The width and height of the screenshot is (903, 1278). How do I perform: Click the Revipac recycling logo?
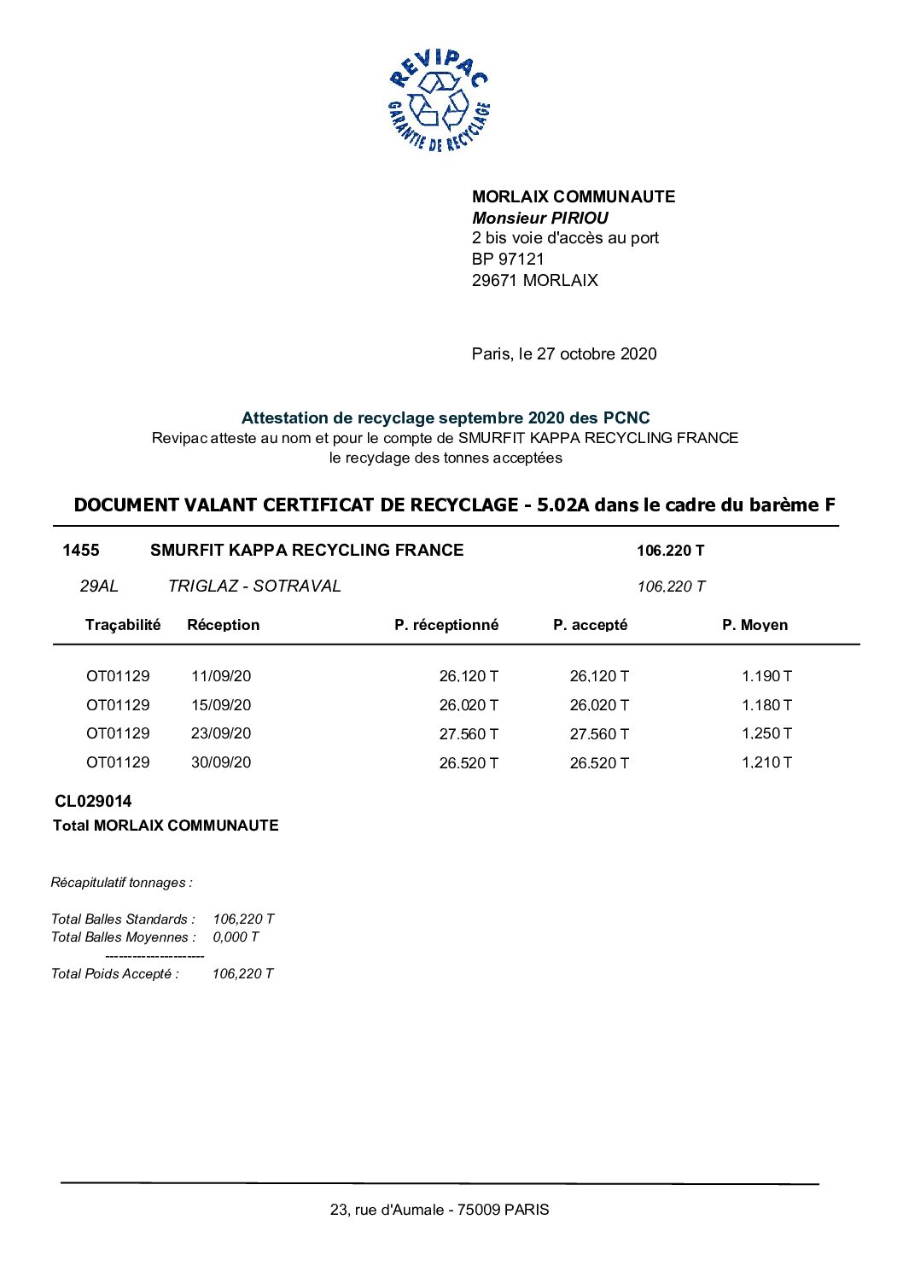point(439,101)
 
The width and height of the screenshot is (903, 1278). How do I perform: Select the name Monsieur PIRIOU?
point(539,218)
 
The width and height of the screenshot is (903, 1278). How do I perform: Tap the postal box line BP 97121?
point(507,259)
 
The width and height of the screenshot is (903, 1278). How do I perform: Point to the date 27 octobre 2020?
point(596,353)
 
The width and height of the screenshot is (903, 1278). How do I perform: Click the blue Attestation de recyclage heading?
point(445,417)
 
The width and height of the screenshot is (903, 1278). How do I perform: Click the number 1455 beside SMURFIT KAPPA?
point(80,550)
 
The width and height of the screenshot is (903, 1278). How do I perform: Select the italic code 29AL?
point(99,586)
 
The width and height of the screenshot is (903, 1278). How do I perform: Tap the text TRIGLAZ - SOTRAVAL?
point(254,586)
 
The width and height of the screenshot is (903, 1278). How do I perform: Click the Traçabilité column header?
point(123,625)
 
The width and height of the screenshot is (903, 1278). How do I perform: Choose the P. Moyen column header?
point(754,625)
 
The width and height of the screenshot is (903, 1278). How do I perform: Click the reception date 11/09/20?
point(221,676)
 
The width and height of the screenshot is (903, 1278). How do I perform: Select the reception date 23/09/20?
point(221,733)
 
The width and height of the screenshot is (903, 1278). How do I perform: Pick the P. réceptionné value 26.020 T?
point(469,705)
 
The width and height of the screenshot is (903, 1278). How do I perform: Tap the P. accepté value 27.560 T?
point(599,734)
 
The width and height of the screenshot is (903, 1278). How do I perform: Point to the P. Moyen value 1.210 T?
point(766,762)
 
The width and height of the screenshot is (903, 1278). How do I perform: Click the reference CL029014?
point(93,801)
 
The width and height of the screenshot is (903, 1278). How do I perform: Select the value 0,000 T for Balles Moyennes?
point(236,937)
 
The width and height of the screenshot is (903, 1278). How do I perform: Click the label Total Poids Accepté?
point(114,974)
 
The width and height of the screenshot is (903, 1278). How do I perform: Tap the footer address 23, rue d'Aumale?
point(440,1210)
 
